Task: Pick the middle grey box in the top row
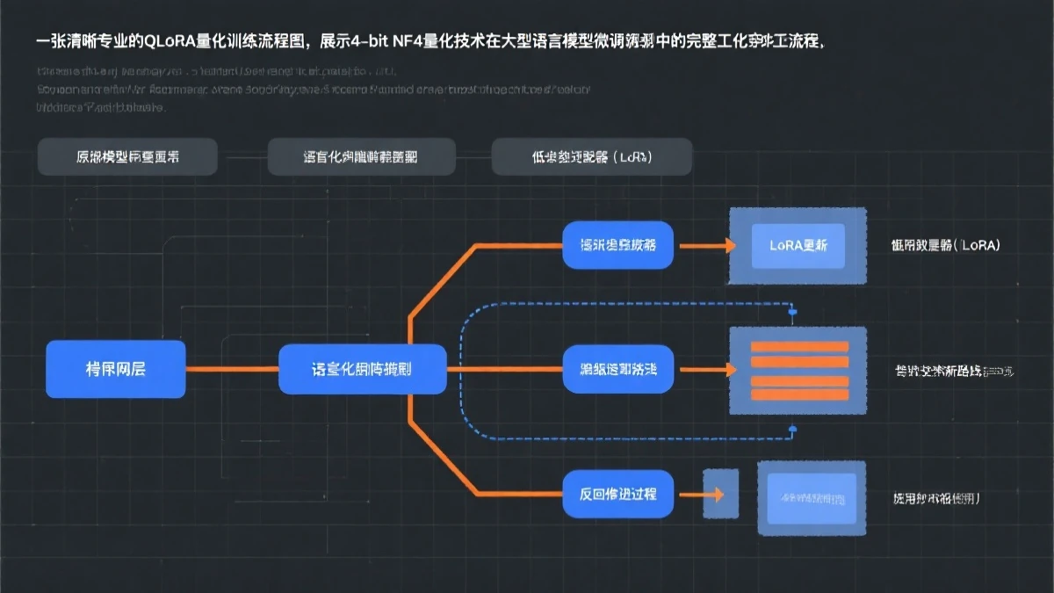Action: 361,157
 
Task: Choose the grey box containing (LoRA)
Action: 591,157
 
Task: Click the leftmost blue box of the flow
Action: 115,368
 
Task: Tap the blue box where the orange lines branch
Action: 362,368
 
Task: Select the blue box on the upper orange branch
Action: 617,245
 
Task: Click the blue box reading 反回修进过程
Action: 617,494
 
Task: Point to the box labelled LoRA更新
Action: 798,246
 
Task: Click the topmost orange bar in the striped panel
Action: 799,347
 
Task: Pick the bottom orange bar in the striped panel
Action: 799,394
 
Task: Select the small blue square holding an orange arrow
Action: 720,494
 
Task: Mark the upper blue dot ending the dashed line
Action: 792,311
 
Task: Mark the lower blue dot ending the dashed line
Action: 792,429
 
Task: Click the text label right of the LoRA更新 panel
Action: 945,246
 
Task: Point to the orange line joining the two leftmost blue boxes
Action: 232,368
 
